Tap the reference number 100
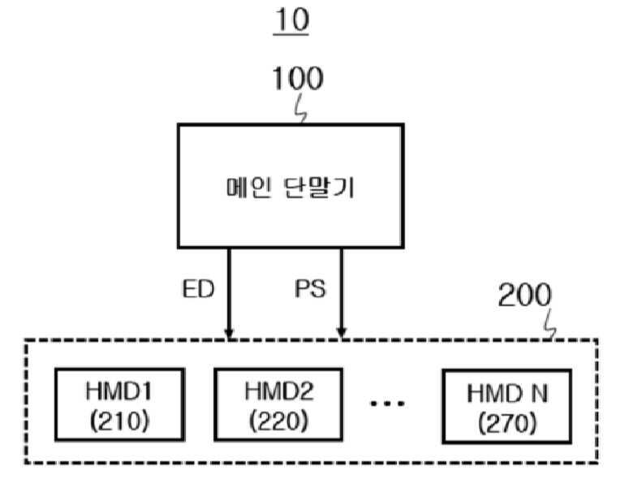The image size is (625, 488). pyautogui.click(x=297, y=80)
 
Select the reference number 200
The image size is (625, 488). pyautogui.click(x=524, y=296)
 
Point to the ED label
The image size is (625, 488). pyautogui.click(x=197, y=290)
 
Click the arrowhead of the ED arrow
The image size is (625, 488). pyautogui.click(x=229, y=333)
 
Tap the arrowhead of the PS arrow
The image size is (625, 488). pyautogui.click(x=342, y=333)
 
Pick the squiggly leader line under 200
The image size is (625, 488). pyautogui.click(x=551, y=326)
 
